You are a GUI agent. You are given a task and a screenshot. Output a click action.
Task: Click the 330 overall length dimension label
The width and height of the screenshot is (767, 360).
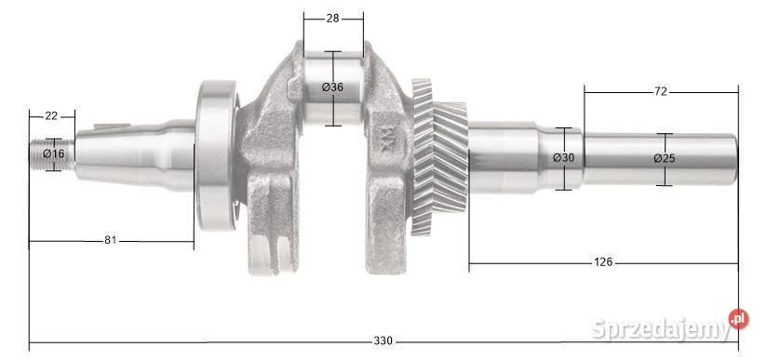[383, 340]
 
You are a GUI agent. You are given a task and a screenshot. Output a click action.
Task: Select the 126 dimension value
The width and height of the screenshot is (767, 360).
[602, 262]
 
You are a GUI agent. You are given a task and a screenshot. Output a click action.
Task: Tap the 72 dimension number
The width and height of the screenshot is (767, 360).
[660, 91]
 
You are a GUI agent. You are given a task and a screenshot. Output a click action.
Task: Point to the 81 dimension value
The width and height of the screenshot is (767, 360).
[111, 240]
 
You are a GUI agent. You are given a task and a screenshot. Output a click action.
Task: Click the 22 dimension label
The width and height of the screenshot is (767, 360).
[51, 116]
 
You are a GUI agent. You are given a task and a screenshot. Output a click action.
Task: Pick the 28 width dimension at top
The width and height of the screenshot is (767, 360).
[332, 19]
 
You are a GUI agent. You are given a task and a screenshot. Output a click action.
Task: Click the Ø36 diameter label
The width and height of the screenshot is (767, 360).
[332, 87]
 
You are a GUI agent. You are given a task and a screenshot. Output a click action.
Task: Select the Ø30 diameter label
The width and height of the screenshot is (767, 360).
[563, 158]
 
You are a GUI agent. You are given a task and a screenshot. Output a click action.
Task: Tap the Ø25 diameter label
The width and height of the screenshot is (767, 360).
[665, 158]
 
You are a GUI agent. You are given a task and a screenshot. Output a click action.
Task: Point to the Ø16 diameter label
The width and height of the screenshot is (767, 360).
[53, 153]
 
